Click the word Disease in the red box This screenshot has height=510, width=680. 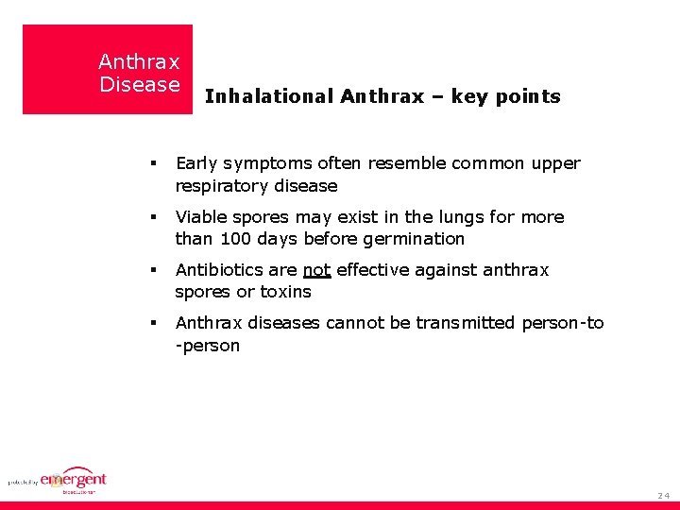(140, 85)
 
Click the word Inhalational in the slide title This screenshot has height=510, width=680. (269, 96)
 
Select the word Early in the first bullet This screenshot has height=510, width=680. (196, 163)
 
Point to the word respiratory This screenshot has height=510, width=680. (219, 186)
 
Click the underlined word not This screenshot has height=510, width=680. (316, 270)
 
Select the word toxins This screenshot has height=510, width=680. (287, 292)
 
